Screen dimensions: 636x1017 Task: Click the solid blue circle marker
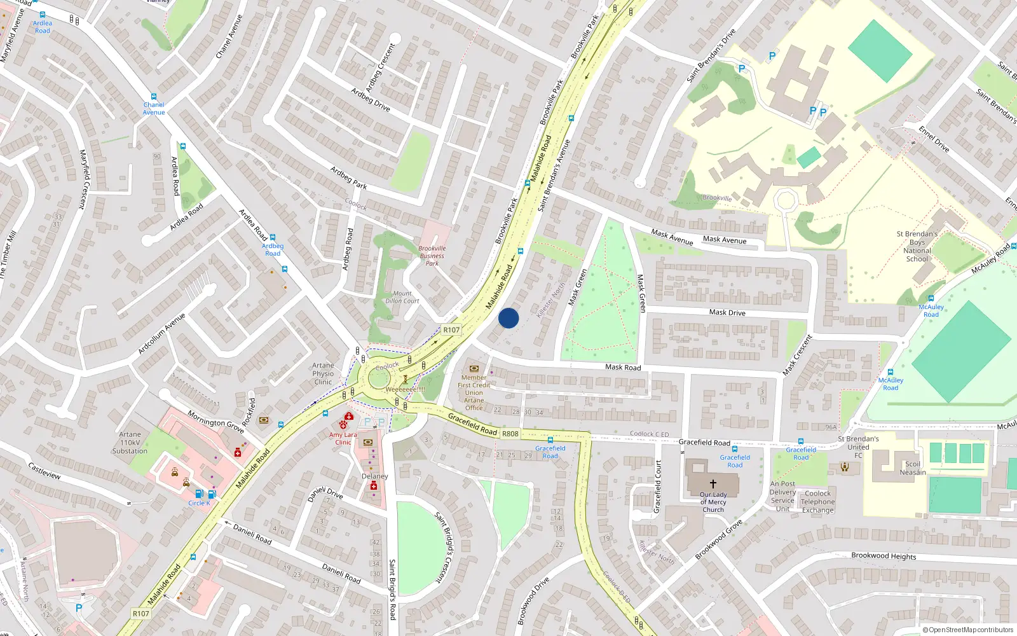(508, 318)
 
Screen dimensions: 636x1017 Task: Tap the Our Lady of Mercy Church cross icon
(713, 484)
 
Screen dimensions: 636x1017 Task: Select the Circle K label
(199, 503)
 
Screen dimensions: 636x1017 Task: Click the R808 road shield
(510, 434)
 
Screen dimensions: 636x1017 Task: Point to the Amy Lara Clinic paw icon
(343, 424)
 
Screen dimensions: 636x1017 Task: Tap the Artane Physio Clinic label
(323, 373)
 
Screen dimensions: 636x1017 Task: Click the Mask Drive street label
(727, 312)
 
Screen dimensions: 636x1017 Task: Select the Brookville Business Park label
(432, 256)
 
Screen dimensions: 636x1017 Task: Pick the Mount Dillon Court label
(402, 297)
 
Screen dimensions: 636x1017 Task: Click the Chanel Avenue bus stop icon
(153, 97)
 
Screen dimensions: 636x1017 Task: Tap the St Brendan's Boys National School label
(917, 246)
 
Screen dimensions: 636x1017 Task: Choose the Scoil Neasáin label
(913, 468)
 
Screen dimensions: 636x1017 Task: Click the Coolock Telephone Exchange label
(817, 501)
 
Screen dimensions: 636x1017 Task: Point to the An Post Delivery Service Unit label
(782, 496)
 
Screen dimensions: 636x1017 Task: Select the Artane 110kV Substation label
(130, 443)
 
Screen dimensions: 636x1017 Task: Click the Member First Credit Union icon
(474, 368)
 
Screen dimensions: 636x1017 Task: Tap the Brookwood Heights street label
(884, 556)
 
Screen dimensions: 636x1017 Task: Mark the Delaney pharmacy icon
(374, 486)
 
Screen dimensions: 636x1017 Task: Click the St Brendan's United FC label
(858, 446)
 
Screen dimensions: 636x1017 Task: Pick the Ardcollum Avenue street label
(161, 333)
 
